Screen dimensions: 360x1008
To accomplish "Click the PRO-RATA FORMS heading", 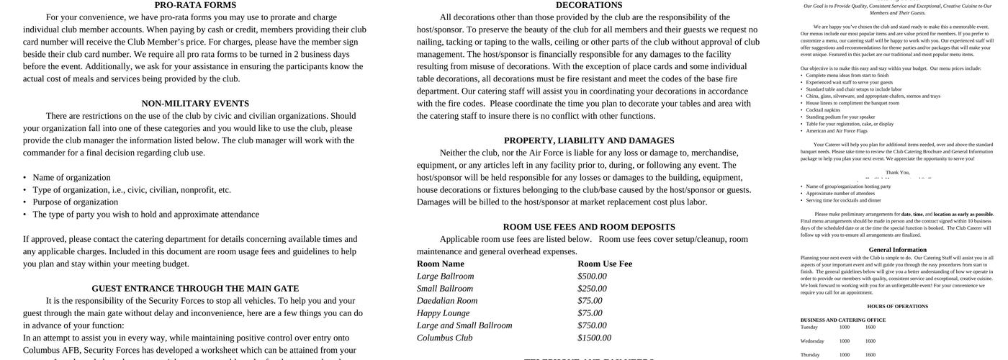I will point(195,5).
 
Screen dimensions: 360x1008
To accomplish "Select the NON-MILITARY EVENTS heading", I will point(195,104).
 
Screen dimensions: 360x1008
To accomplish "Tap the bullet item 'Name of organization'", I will point(71,178).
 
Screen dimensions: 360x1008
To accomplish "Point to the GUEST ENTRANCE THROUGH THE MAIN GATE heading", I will point(195,289).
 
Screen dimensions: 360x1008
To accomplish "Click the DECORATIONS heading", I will point(589,5).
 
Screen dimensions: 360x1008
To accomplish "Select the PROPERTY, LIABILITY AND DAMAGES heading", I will point(589,141).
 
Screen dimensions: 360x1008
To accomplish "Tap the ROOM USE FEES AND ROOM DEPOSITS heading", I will point(589,228).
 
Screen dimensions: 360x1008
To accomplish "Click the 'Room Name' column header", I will point(441,264).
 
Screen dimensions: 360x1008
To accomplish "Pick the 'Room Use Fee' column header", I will point(605,264).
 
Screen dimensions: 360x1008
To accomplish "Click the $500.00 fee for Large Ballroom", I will point(592,276).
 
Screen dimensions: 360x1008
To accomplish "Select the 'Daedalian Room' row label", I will point(447,301).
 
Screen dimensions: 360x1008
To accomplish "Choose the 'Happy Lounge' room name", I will point(443,313).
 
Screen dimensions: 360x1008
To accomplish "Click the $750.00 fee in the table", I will point(592,325).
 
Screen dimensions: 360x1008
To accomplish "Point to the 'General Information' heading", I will point(897,250).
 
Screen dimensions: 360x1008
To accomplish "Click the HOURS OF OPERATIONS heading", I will point(897,307).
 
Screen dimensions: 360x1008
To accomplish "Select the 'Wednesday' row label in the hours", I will point(812,341).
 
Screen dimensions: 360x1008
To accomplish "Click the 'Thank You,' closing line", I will point(897,173).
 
